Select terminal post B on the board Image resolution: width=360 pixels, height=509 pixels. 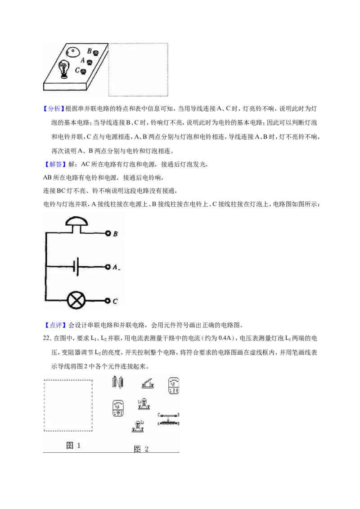(x=96, y=53)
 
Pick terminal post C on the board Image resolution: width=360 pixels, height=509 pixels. (x=84, y=71)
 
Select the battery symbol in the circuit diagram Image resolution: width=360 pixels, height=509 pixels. (x=76, y=267)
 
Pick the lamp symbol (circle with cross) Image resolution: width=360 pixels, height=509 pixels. (x=76, y=301)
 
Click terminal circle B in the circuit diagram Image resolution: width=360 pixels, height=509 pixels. (x=108, y=233)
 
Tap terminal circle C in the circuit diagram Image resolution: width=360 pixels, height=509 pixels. (x=108, y=301)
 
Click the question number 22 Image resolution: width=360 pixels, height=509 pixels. (x=47, y=338)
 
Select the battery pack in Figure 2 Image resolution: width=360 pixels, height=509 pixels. (x=117, y=382)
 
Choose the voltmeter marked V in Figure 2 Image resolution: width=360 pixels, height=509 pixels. (x=174, y=386)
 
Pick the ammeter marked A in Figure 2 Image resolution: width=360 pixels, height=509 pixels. (x=117, y=408)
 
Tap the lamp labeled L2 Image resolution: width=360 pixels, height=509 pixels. (x=138, y=426)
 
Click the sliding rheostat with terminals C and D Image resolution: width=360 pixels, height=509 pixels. (x=169, y=419)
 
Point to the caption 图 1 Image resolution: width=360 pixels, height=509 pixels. (x=73, y=445)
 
